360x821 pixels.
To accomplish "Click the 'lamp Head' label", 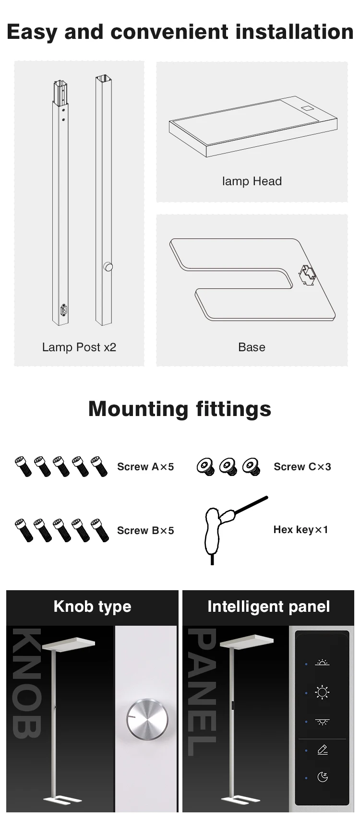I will click(x=252, y=181).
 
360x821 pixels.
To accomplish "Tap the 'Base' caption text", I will click(x=252, y=347).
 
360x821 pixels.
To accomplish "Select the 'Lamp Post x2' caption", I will click(x=79, y=347).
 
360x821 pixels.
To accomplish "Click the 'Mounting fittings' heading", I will click(x=180, y=409).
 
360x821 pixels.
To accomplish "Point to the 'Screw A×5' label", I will click(x=145, y=467).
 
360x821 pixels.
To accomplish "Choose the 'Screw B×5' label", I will click(x=145, y=531).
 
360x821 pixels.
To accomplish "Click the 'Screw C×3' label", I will click(x=302, y=467).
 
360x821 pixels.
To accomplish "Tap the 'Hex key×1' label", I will click(x=300, y=530).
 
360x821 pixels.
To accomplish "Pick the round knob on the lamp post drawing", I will click(x=108, y=267).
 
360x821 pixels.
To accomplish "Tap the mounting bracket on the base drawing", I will click(x=306, y=275).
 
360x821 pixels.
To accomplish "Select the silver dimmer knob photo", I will click(x=148, y=719).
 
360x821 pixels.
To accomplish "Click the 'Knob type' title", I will click(x=92, y=607).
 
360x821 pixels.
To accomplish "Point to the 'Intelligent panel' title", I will click(x=268, y=607).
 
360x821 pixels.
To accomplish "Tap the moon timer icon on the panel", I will click(x=323, y=777).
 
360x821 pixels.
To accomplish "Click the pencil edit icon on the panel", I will click(x=323, y=750).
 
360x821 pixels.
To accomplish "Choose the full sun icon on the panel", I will click(x=322, y=692).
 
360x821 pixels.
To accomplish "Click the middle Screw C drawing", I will click(x=228, y=466).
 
